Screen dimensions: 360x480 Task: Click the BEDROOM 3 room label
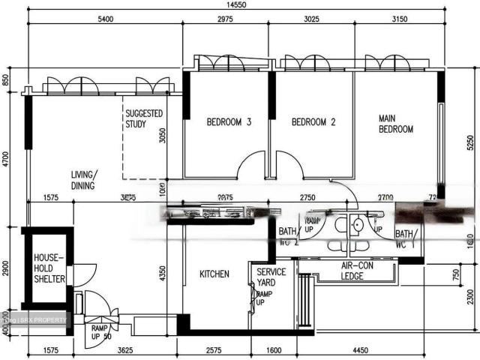point(229,122)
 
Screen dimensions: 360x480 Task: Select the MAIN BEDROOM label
point(395,124)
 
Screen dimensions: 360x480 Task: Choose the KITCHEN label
point(214,274)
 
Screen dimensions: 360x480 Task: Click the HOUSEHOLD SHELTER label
point(49,268)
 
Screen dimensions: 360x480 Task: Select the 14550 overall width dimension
point(237,6)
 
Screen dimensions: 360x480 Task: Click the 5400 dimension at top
point(104,21)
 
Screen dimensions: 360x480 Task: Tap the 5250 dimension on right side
point(470,140)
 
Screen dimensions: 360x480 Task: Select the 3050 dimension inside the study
point(162,135)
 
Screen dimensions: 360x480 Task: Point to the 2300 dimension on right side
point(470,297)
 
